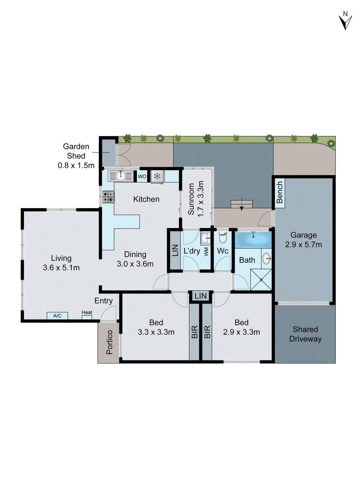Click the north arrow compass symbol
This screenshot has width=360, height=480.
tap(345, 21)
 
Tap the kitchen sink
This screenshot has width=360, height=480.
tap(121, 176)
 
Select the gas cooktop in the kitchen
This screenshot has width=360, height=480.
tap(108, 197)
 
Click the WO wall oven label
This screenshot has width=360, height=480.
tap(142, 176)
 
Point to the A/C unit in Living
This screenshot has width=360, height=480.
tap(57, 316)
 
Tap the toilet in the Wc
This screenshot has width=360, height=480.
tap(223, 238)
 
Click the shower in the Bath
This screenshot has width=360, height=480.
tap(261, 280)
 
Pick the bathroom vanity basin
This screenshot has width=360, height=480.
tap(266, 258)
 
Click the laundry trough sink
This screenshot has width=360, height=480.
tap(206, 238)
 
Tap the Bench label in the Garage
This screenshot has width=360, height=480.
tap(280, 192)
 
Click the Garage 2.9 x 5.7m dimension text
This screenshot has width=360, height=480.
tap(303, 244)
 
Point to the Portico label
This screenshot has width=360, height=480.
tap(109, 342)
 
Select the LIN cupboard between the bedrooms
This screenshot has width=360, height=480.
tap(200, 296)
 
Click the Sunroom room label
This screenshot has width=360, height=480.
tap(191, 199)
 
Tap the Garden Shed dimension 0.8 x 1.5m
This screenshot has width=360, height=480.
tap(76, 165)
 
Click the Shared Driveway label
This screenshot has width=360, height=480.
tap(305, 334)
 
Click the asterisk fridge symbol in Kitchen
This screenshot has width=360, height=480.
tap(157, 176)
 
